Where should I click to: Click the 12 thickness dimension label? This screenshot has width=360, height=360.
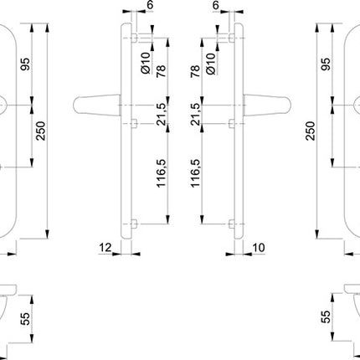tap(105, 249)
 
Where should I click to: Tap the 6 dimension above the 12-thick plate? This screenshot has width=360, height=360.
tap(149, 5)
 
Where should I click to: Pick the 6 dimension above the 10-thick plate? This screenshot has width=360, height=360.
tap(216, 5)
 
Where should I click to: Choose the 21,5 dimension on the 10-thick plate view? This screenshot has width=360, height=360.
tap(197, 113)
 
